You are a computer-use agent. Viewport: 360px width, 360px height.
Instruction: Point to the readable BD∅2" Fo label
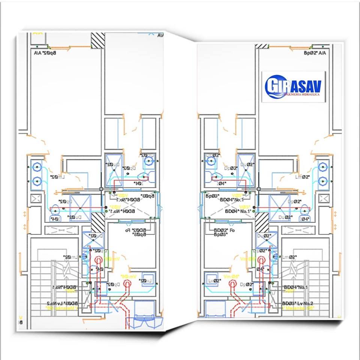coord(224,230)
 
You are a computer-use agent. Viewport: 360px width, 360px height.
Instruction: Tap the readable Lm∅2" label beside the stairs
coord(289,257)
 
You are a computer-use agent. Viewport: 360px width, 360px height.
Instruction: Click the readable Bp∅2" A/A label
coord(315,53)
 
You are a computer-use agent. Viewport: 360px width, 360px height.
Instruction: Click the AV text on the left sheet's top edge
coord(160,36)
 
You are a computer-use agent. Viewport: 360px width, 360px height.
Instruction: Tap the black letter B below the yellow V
coord(21,322)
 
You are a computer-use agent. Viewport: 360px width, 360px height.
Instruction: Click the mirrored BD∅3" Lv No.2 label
coord(61,303)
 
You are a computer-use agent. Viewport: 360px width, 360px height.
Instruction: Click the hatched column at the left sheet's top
coord(98,40)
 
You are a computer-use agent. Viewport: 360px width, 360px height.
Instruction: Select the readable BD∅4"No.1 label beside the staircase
coord(295,287)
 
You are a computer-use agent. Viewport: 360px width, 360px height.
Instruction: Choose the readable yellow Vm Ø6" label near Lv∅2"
coord(231,276)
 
